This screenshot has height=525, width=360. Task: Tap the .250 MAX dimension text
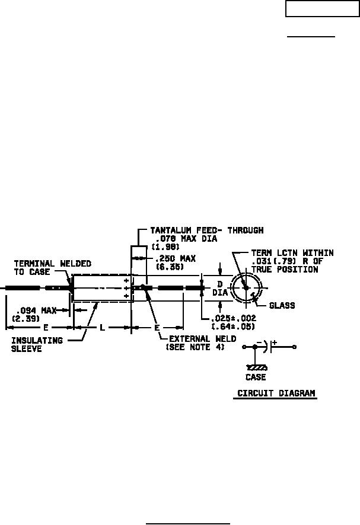176,259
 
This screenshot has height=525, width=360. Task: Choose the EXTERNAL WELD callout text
203,338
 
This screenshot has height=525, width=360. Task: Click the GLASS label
282,306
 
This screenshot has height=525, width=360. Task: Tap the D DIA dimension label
219,287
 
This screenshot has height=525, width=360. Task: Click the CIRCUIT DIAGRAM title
276,393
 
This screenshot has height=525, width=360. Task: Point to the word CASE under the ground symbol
256,377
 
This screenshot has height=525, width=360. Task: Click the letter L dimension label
102,327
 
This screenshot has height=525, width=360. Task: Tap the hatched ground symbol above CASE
256,367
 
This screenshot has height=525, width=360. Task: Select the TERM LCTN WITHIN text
292,253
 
